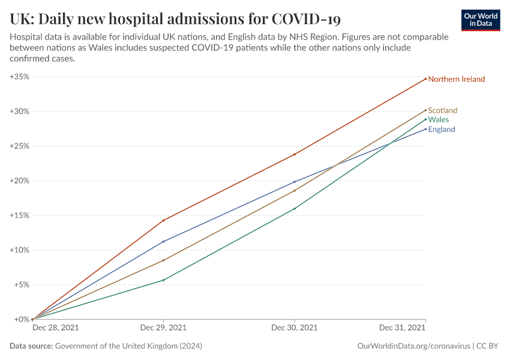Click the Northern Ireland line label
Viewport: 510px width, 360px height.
pos(456,79)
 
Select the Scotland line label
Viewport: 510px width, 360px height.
pos(442,110)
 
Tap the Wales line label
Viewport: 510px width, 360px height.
pos(438,120)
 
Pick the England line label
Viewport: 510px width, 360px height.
pos(441,130)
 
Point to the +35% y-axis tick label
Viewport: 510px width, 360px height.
pos(20,77)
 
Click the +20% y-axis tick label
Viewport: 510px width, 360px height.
pos(20,181)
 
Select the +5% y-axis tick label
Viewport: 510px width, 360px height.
pos(22,284)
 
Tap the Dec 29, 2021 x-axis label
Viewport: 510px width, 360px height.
pos(163,328)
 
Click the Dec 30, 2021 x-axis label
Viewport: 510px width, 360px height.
pos(295,328)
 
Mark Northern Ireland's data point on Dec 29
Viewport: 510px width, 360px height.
pos(163,220)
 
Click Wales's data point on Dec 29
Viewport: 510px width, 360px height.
pos(163,280)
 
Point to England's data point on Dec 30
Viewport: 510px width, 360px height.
pos(295,182)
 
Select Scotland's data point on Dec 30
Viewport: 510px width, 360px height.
pos(295,191)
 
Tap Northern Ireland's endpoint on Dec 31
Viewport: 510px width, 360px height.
pos(425,79)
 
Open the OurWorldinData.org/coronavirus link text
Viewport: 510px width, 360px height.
pos(413,346)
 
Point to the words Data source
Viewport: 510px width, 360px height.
pos(31,346)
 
